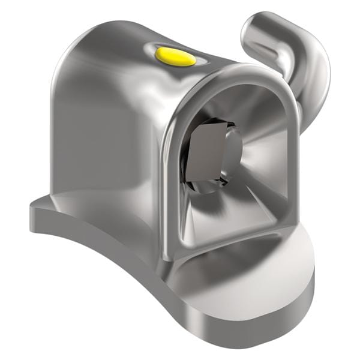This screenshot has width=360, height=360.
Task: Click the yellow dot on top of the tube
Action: point(175,57)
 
